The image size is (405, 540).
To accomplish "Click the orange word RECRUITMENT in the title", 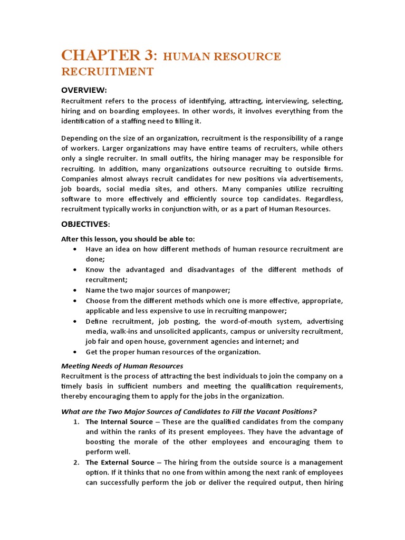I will [x=108, y=72].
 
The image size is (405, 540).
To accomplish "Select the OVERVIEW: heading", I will [x=84, y=90].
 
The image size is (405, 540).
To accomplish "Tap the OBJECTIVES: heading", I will [x=86, y=224].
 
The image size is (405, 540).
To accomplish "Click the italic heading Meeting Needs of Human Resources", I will [x=122, y=365].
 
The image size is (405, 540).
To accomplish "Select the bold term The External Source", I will [x=119, y=462].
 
